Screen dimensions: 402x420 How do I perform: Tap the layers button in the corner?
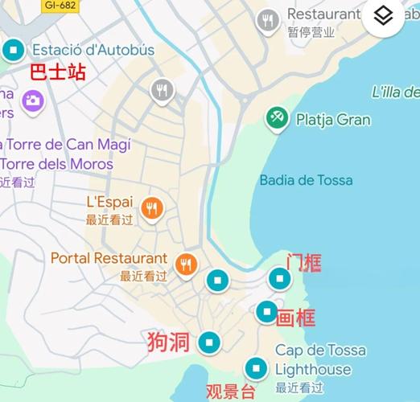(383, 16)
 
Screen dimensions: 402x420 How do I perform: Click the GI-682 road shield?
(60, 5)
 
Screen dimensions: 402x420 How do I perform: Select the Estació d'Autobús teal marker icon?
(12, 51)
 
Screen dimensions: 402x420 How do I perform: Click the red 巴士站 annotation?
(57, 72)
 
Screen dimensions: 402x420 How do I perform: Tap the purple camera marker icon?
(33, 100)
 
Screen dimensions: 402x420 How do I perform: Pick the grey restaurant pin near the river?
(163, 90)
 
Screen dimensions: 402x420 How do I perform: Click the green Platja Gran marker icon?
(277, 119)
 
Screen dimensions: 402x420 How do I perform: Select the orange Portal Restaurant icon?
(187, 263)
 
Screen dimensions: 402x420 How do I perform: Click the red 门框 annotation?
(304, 262)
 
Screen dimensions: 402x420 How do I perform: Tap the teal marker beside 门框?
(279, 279)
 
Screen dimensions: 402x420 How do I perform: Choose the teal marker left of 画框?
(267, 312)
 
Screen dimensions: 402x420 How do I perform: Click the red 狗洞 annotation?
(169, 342)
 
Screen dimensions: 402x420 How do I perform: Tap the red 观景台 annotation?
(230, 392)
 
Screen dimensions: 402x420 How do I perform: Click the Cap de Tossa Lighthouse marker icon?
(257, 368)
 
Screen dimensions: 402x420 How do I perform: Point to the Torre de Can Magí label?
(68, 145)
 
